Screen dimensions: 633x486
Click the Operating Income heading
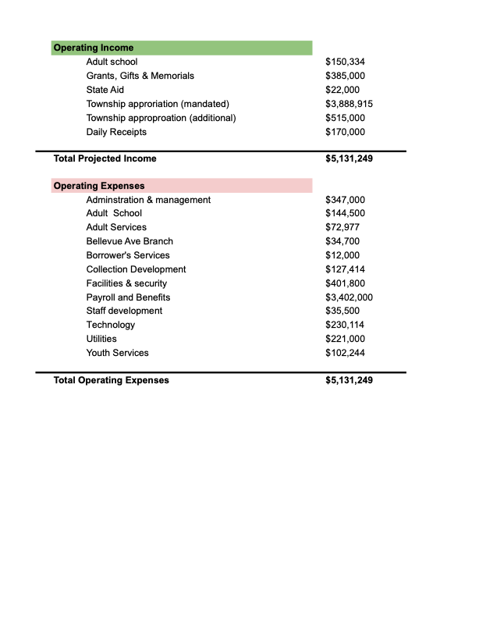(93, 48)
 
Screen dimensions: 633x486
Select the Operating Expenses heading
(98, 186)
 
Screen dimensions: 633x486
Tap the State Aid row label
(105, 90)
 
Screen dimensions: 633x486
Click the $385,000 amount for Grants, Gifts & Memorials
(345, 76)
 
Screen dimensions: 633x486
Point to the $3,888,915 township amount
(349, 104)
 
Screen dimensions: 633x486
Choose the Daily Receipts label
(116, 132)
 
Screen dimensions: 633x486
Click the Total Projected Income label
(105, 158)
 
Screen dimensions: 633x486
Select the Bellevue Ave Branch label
(129, 241)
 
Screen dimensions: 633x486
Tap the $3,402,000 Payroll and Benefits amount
(349, 297)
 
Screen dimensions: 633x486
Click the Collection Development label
(136, 269)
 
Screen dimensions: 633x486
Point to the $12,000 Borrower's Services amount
(342, 255)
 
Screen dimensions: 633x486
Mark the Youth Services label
(117, 353)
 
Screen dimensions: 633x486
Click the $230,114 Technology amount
(345, 325)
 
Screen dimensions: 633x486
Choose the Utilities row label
(101, 339)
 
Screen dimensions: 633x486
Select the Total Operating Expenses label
(111, 380)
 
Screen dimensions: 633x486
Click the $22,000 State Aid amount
(342, 90)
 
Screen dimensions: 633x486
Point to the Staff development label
(124, 311)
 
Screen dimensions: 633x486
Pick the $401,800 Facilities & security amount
(345, 283)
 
